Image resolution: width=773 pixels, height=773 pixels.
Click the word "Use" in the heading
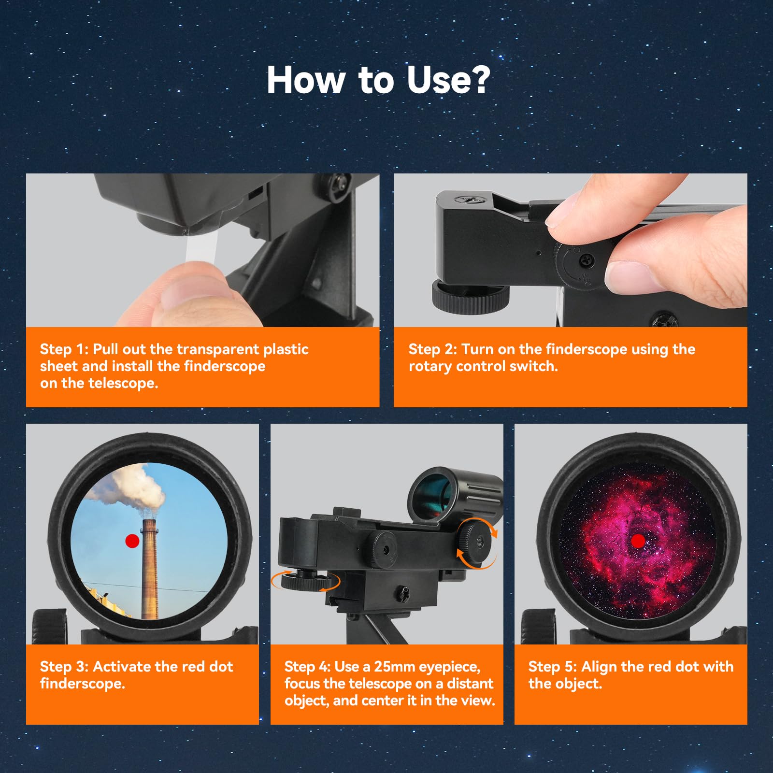click(438, 80)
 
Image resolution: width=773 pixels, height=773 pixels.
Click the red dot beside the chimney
click(132, 541)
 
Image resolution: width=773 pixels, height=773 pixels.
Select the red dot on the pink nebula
click(638, 541)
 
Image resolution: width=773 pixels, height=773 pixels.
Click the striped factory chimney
click(150, 570)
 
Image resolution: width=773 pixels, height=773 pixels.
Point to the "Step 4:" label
click(307, 667)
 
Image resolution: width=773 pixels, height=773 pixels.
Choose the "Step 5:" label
click(552, 667)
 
